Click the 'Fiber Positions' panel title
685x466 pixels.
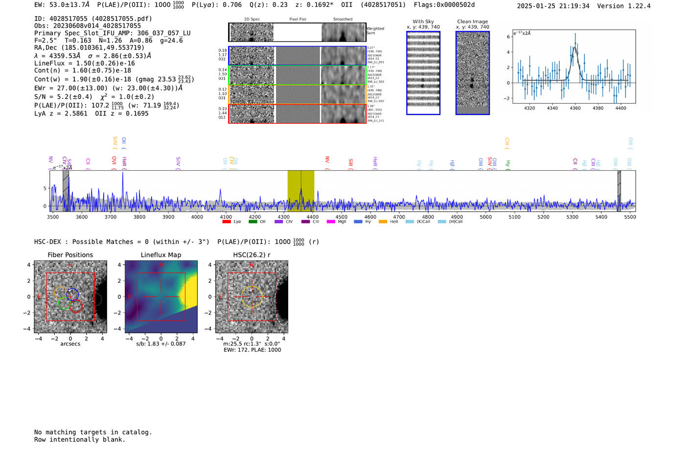pyautogui.click(x=70, y=255)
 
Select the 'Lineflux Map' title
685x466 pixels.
pyautogui.click(x=160, y=255)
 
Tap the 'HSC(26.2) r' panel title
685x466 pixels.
pyautogui.click(x=251, y=255)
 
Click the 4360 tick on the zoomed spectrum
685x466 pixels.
pyautogui.click(x=575, y=108)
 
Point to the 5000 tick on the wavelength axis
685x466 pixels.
pyautogui.click(x=485, y=217)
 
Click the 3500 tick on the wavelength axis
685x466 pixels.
pyautogui.click(x=52, y=217)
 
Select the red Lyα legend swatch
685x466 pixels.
pyautogui.click(x=227, y=222)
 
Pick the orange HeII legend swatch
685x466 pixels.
pyautogui.click(x=383, y=222)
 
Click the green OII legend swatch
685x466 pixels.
pyautogui.click(x=252, y=222)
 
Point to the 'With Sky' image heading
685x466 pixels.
pyautogui.click(x=423, y=22)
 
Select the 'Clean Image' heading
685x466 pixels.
pyautogui.click(x=472, y=22)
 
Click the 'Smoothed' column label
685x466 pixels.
pyautogui.click(x=342, y=20)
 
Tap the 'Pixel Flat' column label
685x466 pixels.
pyautogui.click(x=297, y=20)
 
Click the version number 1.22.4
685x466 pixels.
pyautogui.click(x=639, y=6)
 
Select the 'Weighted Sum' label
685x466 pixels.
pyautogui.click(x=375, y=31)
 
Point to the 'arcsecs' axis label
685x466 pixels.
pyautogui.click(x=70, y=344)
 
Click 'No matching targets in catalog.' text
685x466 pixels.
pyautogui.click(x=93, y=432)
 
